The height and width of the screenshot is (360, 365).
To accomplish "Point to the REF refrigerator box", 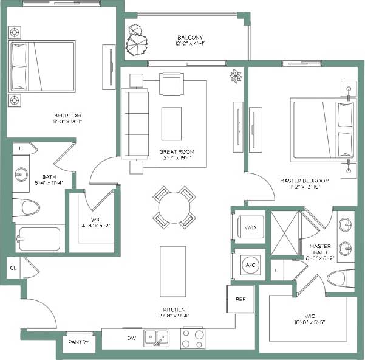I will (x=240, y=299).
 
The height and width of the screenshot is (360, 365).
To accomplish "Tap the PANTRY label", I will (x=79, y=342).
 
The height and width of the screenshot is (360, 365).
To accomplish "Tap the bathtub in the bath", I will (x=39, y=239).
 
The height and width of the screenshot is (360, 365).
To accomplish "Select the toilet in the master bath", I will (x=341, y=279).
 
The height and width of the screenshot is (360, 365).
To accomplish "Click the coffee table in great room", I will (x=171, y=123).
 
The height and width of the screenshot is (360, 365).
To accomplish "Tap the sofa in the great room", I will (x=134, y=124).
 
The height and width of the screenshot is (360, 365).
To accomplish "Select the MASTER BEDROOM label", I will (x=304, y=181).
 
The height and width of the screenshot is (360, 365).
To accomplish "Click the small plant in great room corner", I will (x=236, y=76).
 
